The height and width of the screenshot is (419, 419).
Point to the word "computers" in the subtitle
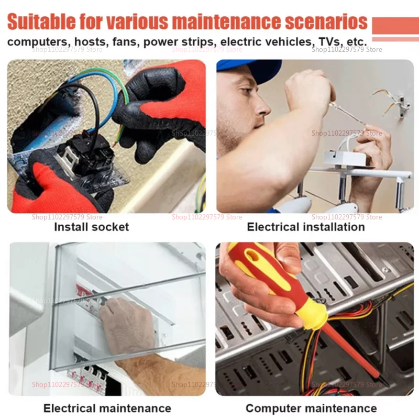pyautogui.click(x=37, y=42)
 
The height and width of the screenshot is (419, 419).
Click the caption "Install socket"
pyautogui.click(x=91, y=227)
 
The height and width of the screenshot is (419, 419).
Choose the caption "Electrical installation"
pyautogui.click(x=306, y=227)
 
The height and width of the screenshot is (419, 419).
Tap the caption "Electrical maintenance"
pyautogui.click(x=107, y=409)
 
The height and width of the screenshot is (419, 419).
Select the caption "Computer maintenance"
pyautogui.click(x=311, y=409)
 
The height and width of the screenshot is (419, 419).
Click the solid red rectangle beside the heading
pyautogui.click(x=395, y=25)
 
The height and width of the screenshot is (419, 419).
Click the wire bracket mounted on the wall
pyautogui.click(x=402, y=103)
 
